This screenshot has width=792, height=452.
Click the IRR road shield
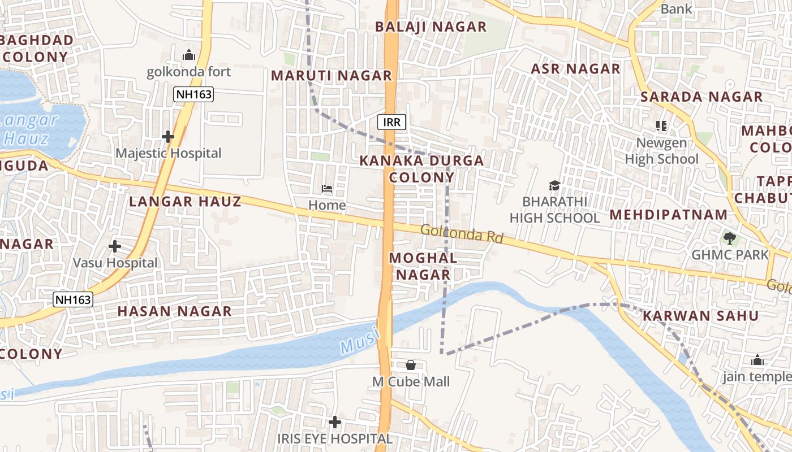[x=392, y=122]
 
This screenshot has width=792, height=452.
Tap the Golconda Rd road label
[x=462, y=233]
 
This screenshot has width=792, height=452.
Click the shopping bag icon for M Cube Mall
[x=411, y=365]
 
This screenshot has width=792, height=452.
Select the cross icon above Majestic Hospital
[x=167, y=137]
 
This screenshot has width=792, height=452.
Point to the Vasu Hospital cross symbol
[x=115, y=246]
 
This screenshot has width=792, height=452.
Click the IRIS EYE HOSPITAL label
[x=334, y=438]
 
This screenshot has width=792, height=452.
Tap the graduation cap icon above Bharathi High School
[x=554, y=185]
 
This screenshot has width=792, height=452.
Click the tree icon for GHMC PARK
[x=730, y=238]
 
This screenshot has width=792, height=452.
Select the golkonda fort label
[x=189, y=72]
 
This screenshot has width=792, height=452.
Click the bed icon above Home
[x=327, y=188]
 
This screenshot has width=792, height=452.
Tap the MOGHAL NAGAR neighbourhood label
[x=423, y=266]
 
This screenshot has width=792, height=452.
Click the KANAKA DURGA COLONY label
[x=421, y=168]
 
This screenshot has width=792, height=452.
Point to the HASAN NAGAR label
[x=174, y=311]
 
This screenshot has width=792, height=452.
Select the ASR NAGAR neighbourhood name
[x=575, y=69]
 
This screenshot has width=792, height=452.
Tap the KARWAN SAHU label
[x=700, y=316]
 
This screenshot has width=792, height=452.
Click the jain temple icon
[x=757, y=360]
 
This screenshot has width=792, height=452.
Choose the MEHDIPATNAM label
[x=669, y=215]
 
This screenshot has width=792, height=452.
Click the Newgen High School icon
[x=661, y=125]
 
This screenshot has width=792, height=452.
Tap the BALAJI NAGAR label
[x=431, y=27]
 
